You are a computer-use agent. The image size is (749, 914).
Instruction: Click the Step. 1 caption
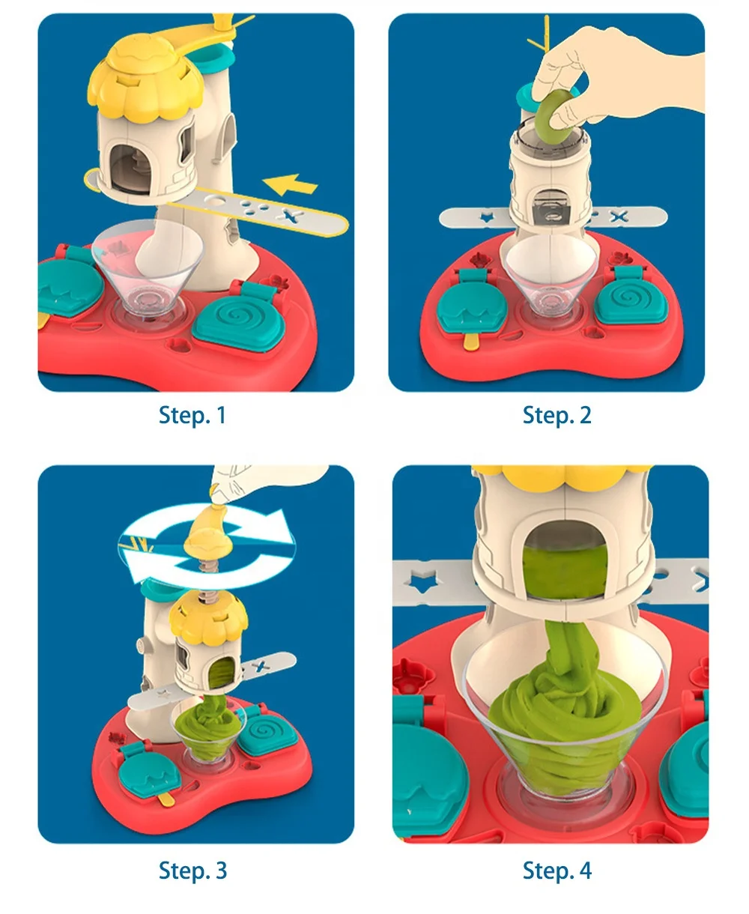pos(192,415)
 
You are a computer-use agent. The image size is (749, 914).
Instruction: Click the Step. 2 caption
pos(557,415)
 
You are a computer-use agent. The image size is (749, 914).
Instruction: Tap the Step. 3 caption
pos(192,871)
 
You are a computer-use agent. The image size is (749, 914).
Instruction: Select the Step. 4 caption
pos(557,871)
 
